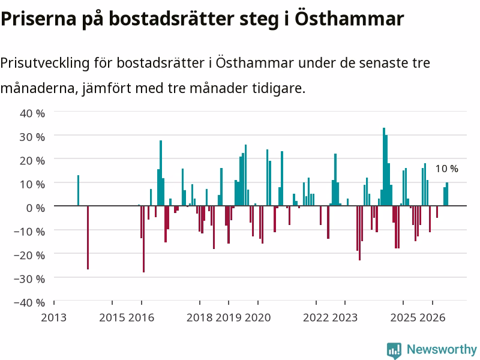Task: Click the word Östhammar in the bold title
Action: click(349, 19)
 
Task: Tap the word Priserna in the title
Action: click(38, 19)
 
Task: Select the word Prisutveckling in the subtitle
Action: click(45, 64)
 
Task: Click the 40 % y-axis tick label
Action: click(32, 113)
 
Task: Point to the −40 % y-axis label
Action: click(29, 303)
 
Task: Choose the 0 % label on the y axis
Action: click(35, 208)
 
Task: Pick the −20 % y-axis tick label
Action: click(29, 256)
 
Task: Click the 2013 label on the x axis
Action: click(53, 318)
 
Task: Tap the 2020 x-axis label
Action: click(258, 318)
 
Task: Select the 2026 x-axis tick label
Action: click(432, 318)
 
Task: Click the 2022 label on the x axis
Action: click(316, 318)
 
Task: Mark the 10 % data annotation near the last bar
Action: click(447, 169)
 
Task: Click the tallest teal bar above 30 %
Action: click(384, 167)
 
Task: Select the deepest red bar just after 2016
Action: click(143, 239)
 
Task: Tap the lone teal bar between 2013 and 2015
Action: click(78, 190)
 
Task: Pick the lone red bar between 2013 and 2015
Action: click(88, 238)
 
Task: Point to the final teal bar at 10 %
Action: click(447, 194)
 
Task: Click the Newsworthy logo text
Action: click(442, 349)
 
